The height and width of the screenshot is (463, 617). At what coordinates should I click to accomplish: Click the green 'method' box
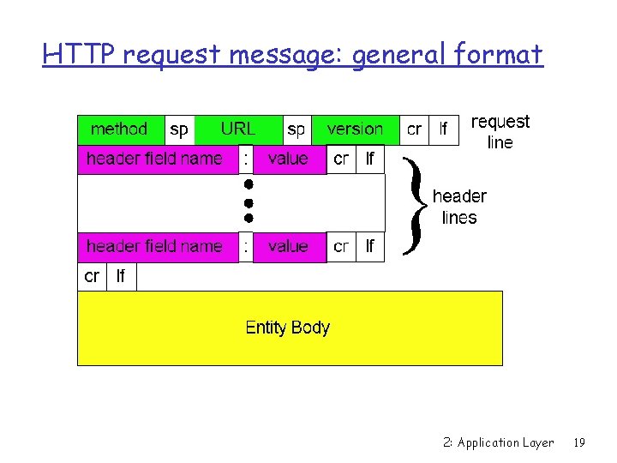click(x=120, y=129)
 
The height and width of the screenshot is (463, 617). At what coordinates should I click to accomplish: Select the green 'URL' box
click(x=238, y=129)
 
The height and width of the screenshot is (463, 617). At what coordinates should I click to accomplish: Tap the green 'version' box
click(x=355, y=129)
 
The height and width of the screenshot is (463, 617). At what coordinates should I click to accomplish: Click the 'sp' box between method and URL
click(x=179, y=129)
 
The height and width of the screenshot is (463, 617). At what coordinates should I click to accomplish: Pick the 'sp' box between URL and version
click(x=297, y=129)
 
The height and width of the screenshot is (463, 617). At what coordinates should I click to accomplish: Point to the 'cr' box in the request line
click(x=414, y=129)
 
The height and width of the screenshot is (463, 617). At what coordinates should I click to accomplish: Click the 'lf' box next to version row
click(x=444, y=129)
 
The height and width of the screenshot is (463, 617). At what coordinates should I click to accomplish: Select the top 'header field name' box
click(x=155, y=159)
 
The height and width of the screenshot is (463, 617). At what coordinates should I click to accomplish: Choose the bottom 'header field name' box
click(x=155, y=247)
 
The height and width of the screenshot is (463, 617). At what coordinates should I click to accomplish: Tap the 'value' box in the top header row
click(x=289, y=159)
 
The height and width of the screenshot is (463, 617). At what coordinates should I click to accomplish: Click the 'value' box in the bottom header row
click(x=289, y=247)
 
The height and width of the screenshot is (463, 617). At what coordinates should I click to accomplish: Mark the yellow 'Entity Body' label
click(x=288, y=328)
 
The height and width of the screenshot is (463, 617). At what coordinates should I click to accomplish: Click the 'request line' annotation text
click(x=500, y=132)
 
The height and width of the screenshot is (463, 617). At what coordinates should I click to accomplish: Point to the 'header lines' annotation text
click(x=459, y=207)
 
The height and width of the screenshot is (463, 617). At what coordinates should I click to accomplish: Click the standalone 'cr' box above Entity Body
click(x=92, y=277)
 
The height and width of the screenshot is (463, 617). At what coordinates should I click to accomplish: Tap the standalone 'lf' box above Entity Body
click(x=121, y=277)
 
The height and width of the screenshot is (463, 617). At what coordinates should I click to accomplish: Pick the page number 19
click(x=579, y=442)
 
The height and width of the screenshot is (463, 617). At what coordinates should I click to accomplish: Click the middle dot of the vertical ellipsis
click(x=247, y=202)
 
